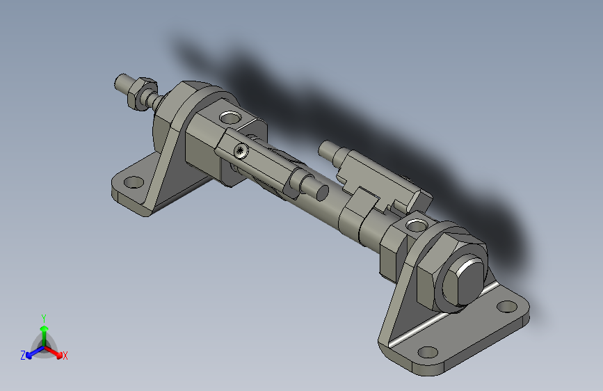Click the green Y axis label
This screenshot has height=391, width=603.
click(43, 317)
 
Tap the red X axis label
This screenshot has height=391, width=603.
click(65, 356)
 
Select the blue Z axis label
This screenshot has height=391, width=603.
click(23, 355)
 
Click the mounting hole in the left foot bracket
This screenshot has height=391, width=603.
click(133, 183)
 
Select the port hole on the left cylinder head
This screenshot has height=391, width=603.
click(228, 115)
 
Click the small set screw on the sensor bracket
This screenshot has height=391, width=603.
click(241, 150)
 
